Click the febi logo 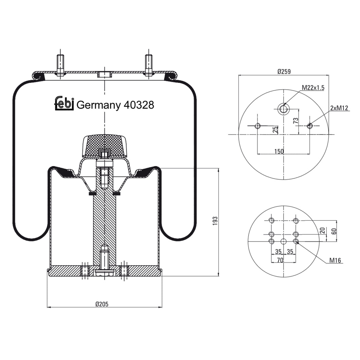64,103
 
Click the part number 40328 139,105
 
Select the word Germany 98,106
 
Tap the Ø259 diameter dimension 284,72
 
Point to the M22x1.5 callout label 313,88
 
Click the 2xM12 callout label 339,108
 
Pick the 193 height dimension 215,221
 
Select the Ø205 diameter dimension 102,304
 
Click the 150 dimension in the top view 279,151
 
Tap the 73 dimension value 296,121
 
